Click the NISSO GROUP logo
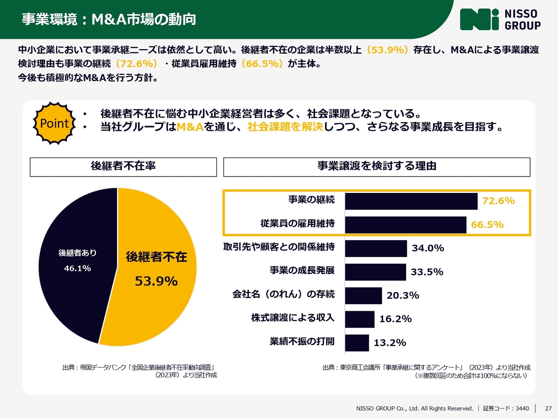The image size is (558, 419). (500, 20)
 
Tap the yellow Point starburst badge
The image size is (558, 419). (54, 124)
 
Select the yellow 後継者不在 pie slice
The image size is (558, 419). (157, 297)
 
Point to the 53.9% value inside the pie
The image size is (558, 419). (156, 281)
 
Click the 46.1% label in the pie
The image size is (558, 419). (77, 268)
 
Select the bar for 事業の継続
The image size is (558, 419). (411, 201)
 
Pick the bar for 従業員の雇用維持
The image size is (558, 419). (405, 225)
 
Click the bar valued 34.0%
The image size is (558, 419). (376, 248)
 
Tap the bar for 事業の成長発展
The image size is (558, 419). (375, 272)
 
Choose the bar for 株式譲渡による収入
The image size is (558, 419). (360, 319)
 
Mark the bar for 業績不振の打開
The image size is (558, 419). (357, 343)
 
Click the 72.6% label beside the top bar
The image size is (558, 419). (498, 201)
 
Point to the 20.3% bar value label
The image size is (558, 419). (403, 295)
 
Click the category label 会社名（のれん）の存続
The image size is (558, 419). (283, 294)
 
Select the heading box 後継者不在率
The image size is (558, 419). (123, 167)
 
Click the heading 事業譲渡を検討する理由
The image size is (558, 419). (377, 167)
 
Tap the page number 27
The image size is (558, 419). (548, 409)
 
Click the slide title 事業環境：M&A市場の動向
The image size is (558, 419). (109, 19)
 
